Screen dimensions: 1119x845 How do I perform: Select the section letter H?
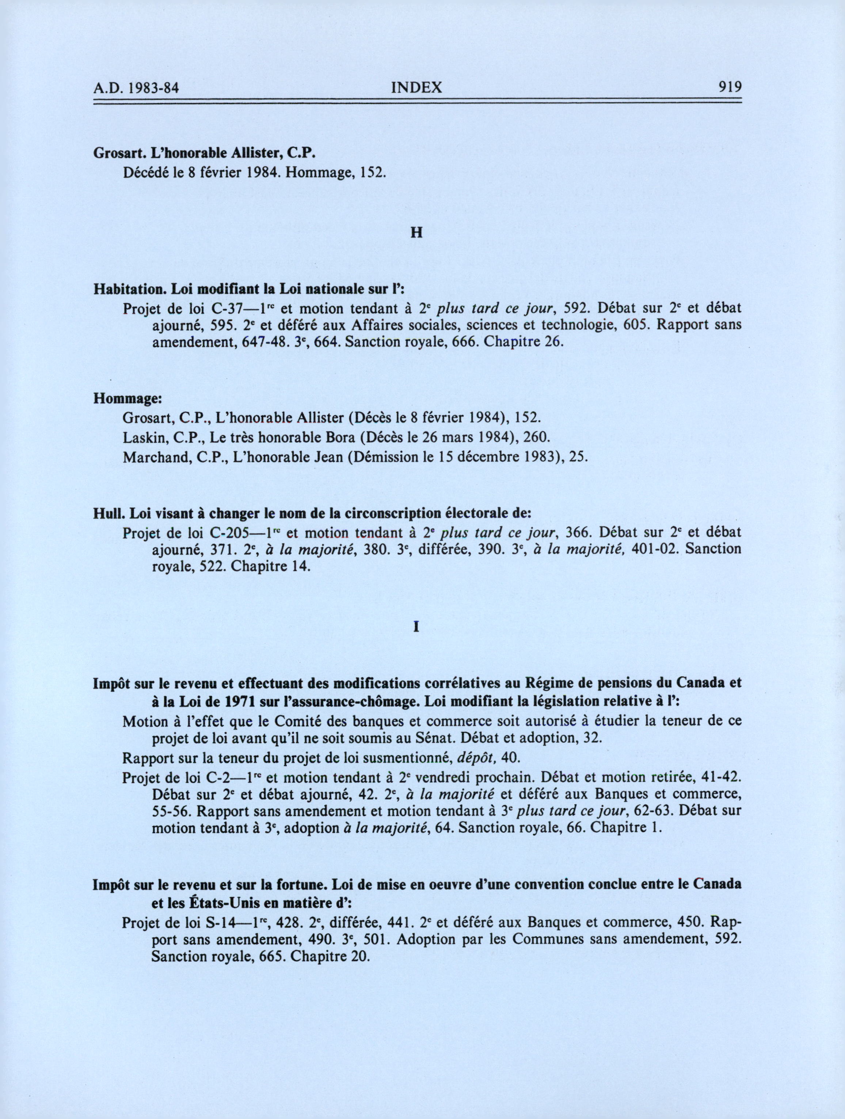pos(417,234)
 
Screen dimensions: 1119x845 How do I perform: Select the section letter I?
pos(417,627)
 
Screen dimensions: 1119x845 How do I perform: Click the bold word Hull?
pos(109,514)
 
